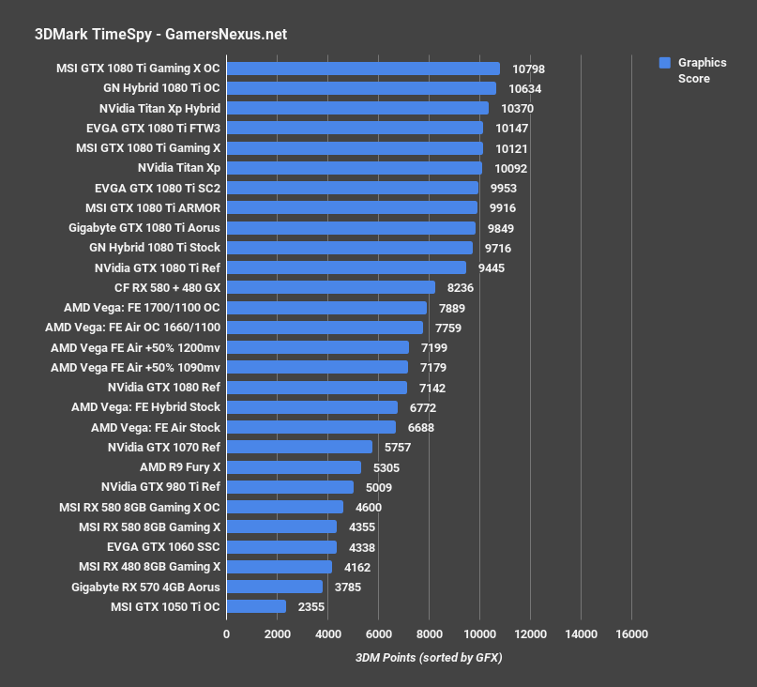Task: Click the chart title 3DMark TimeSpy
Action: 160,35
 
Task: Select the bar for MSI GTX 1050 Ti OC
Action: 256,606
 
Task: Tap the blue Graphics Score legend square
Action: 664,63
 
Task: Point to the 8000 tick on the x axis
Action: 429,634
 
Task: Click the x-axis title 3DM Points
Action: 429,657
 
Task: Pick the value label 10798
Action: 528,69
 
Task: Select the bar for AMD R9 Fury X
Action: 294,467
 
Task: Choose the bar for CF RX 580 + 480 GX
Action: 330,288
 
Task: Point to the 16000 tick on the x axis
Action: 631,634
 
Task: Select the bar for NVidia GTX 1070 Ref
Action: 299,448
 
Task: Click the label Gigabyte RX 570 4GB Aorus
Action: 145,587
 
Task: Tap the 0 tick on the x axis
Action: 226,634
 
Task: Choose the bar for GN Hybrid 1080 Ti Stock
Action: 349,248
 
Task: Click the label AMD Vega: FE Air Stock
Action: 156,427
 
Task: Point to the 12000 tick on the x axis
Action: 530,634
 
